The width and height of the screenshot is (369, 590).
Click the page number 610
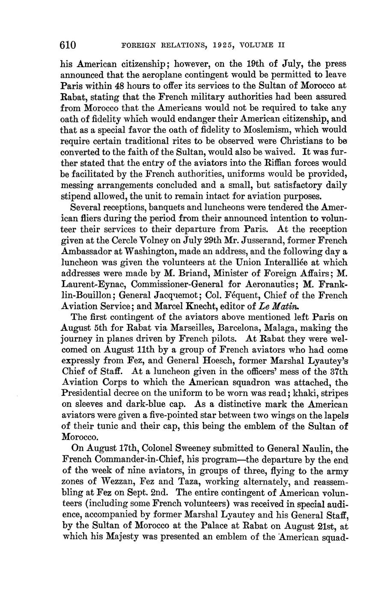coord(68,45)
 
